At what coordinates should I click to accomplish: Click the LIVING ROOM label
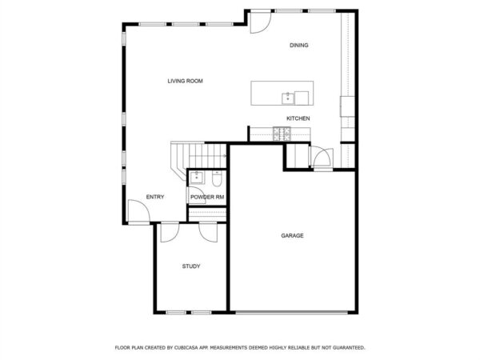[x=186, y=81]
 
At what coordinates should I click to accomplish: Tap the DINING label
[x=299, y=46]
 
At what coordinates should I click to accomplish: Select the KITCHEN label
[x=298, y=118]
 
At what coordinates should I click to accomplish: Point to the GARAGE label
[x=292, y=235]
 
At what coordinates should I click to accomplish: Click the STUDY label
[x=191, y=266]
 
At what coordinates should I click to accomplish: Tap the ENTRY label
[x=155, y=197]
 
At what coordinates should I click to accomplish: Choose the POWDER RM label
[x=207, y=197]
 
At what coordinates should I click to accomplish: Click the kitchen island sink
[x=288, y=98]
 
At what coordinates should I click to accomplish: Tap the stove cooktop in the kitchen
[x=282, y=134]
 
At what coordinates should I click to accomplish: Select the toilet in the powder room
[x=217, y=179]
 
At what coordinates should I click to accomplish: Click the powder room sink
[x=196, y=178]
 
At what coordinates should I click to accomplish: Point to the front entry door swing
[x=138, y=212]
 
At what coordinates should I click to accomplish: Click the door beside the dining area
[x=261, y=22]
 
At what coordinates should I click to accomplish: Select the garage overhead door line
[x=292, y=313]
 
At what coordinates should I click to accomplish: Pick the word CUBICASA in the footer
[x=186, y=348]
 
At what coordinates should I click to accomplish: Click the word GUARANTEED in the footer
[x=349, y=348]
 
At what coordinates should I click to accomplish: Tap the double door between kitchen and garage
[x=321, y=158]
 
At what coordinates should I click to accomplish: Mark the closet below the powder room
[x=207, y=214]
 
